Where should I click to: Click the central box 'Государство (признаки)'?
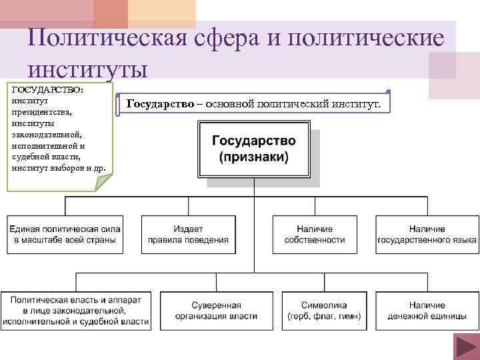[254, 151]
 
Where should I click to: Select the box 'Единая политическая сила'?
[65, 234]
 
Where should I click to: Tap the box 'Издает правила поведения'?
[188, 234]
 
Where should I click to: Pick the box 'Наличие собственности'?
[314, 234]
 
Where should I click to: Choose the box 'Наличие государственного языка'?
[427, 234]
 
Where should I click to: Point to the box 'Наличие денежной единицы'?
[427, 311]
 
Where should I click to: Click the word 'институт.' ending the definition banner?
[357, 104]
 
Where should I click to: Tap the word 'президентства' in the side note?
[41, 112]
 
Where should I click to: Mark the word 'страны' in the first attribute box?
[101, 240]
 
